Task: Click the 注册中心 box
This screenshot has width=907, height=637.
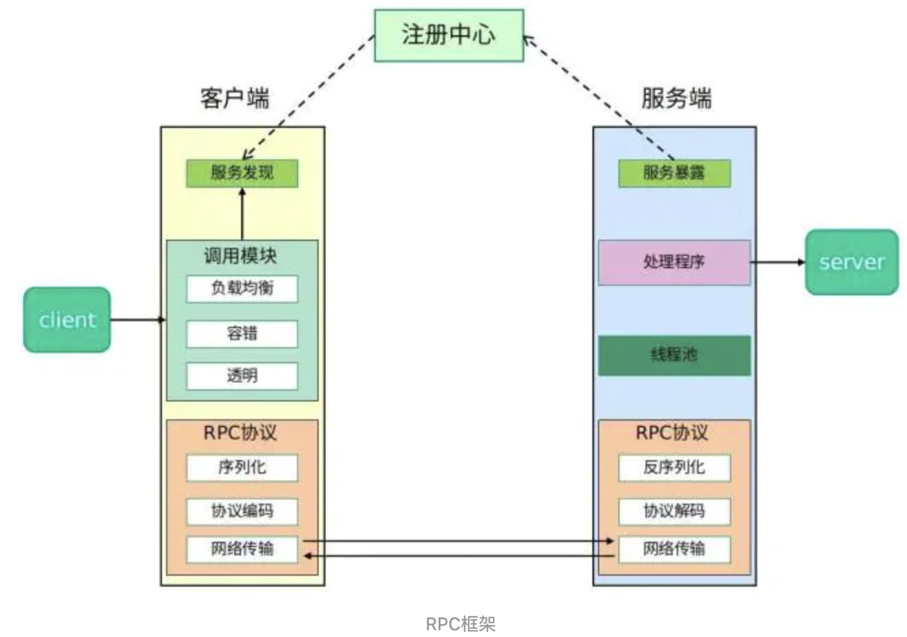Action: click(x=449, y=35)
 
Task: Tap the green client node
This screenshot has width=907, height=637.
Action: click(x=67, y=319)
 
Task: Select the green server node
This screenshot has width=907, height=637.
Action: click(x=852, y=262)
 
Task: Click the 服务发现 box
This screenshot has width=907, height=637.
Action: click(x=242, y=173)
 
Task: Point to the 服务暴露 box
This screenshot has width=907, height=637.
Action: click(x=674, y=173)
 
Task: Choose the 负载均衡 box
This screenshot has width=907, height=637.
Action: click(x=242, y=289)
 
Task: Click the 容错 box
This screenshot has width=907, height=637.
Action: click(x=242, y=333)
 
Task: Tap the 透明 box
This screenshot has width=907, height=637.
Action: click(x=242, y=376)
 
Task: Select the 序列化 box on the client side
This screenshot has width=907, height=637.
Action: click(x=242, y=468)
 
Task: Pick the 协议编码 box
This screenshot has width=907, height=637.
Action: click(x=242, y=511)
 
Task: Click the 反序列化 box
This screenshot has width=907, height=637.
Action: click(x=674, y=468)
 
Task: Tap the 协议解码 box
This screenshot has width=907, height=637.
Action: click(x=674, y=511)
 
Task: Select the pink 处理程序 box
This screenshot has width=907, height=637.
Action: click(x=674, y=262)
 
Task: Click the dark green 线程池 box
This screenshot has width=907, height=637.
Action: click(x=674, y=355)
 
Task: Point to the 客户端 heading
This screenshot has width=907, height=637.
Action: click(x=235, y=98)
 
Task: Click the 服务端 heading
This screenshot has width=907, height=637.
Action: click(x=676, y=98)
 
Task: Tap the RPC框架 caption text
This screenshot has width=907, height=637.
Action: click(x=460, y=623)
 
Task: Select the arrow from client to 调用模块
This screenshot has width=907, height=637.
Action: click(x=138, y=319)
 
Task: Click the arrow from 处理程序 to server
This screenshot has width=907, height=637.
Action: click(x=778, y=262)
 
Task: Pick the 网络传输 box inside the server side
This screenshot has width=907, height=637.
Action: click(x=674, y=549)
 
